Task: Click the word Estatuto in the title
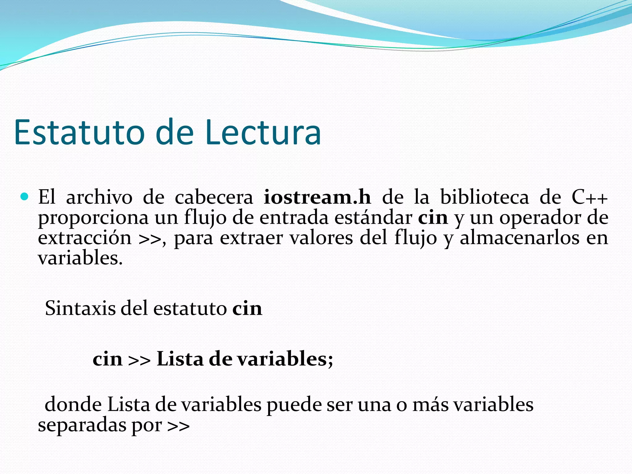pyautogui.click(x=79, y=133)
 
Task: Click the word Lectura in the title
pyautogui.click(x=263, y=133)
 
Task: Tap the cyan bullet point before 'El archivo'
pyautogui.click(x=24, y=197)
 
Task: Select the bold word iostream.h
pyautogui.click(x=317, y=197)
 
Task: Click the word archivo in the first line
pyautogui.click(x=99, y=197)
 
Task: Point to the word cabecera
pyautogui.click(x=214, y=197)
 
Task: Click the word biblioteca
pyautogui.click(x=484, y=197)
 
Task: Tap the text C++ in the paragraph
pyautogui.click(x=589, y=197)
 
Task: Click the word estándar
pyautogui.click(x=373, y=218)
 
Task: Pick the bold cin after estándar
pyautogui.click(x=433, y=218)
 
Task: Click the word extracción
pyautogui.click(x=85, y=238)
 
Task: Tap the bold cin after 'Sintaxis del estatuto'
pyautogui.click(x=247, y=308)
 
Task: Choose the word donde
pyautogui.click(x=73, y=404)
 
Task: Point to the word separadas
pyautogui.click(x=82, y=425)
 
